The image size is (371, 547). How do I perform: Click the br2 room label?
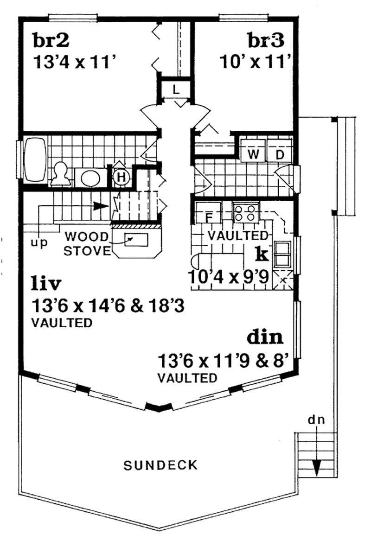click(x=51, y=41)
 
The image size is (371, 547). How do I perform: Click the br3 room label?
click(x=265, y=41)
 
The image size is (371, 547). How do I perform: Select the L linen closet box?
click(x=176, y=89)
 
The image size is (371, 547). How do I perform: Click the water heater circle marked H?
click(x=122, y=177)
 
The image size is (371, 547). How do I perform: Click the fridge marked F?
click(x=208, y=216)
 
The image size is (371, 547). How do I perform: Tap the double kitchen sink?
click(x=282, y=255)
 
